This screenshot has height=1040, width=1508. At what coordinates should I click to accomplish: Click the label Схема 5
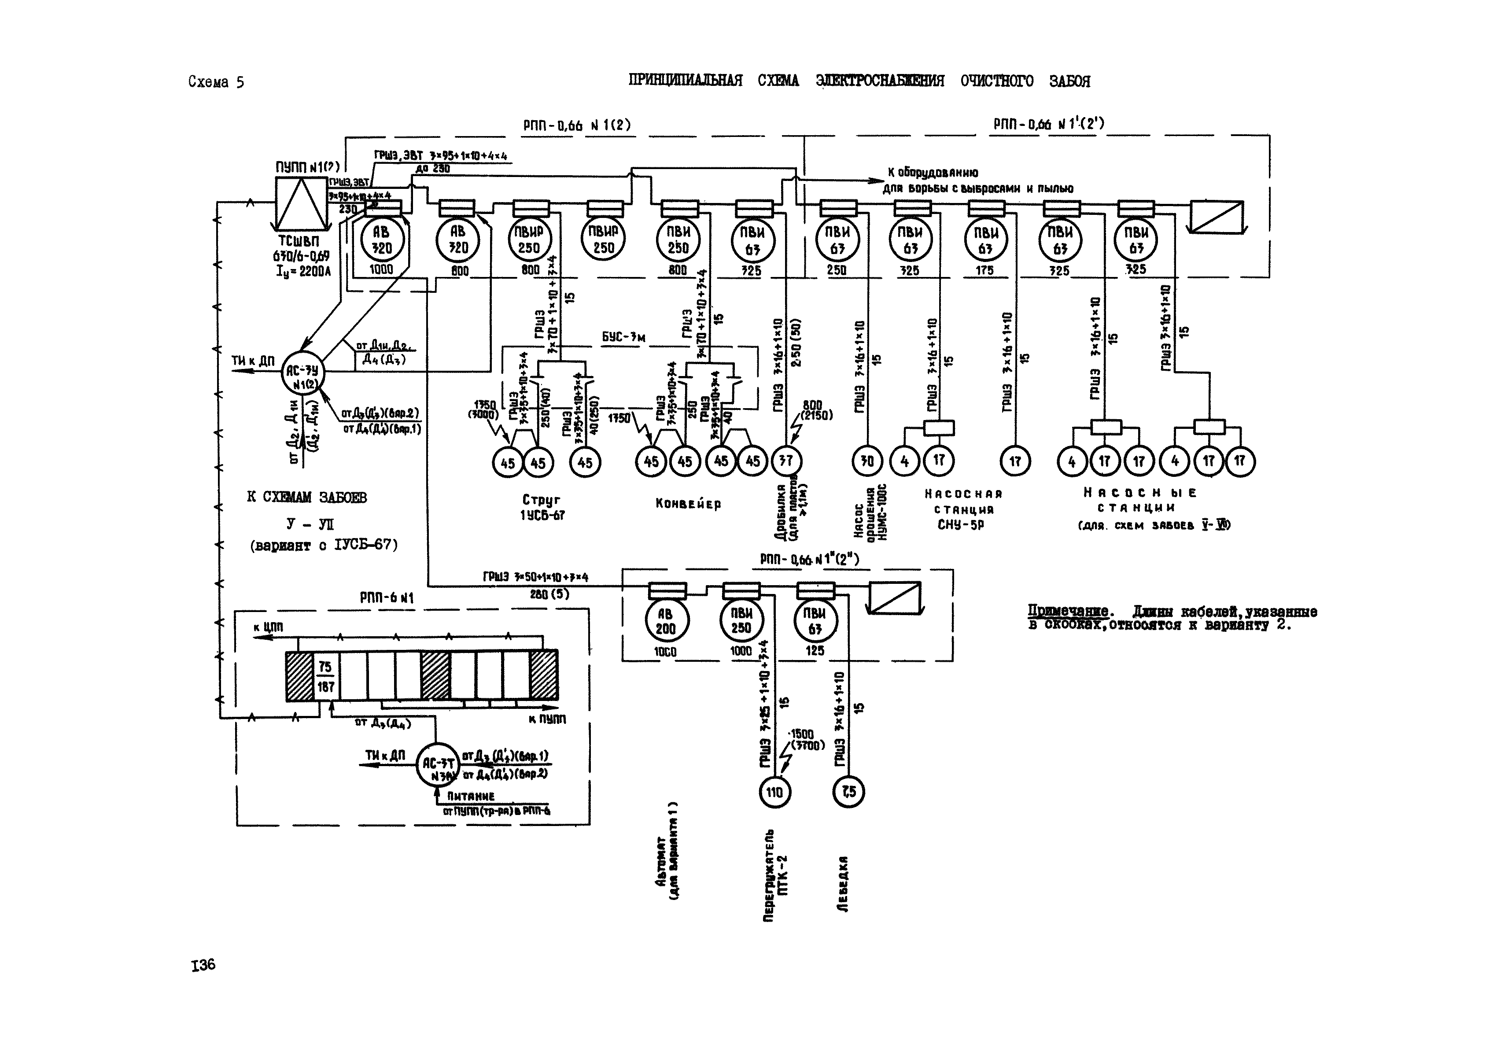coord(216,82)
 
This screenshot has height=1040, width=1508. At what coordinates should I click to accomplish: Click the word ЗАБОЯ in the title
coord(1069,81)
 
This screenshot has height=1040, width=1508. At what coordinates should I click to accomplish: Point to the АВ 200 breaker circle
coord(665,622)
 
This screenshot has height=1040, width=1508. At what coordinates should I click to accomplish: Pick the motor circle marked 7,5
coord(848,792)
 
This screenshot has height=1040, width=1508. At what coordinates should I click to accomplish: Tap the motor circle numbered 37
coord(787,461)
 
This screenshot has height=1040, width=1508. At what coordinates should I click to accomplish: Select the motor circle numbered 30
coord(867,461)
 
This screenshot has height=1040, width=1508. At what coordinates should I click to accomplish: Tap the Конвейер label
coord(688,504)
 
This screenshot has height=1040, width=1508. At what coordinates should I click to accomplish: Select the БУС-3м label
coord(623,338)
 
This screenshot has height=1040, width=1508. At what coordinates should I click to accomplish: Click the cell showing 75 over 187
coord(325,676)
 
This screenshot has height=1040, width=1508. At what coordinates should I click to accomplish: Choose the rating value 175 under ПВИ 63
coord(984,270)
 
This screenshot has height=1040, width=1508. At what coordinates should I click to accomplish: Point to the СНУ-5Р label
coord(961,524)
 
